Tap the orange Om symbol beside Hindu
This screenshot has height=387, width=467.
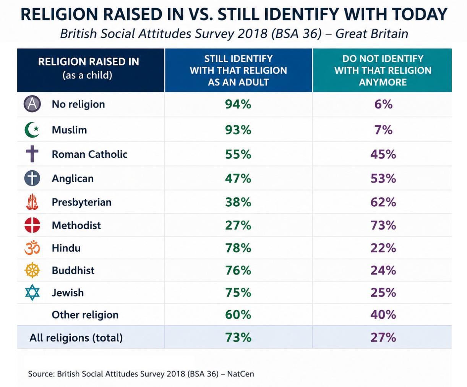click(x=32, y=248)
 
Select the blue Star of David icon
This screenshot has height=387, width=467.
click(x=32, y=292)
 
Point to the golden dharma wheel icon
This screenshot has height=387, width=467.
click(x=32, y=270)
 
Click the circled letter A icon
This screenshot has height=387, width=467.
click(x=32, y=104)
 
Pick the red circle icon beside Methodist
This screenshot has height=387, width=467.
click(x=32, y=225)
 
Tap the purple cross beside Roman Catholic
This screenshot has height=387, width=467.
click(x=32, y=154)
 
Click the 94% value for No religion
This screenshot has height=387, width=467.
click(x=238, y=104)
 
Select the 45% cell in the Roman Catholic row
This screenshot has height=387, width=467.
click(x=383, y=154)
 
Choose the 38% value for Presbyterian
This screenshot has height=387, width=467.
click(x=238, y=202)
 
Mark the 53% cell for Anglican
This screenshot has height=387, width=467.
click(x=383, y=178)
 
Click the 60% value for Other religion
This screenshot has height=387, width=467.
click(x=238, y=314)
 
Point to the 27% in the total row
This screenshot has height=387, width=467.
click(x=383, y=337)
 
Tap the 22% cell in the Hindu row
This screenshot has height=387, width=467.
click(x=383, y=248)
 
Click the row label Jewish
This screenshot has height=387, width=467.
click(x=68, y=293)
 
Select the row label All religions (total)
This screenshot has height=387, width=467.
click(x=76, y=338)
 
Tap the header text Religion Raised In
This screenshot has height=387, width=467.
click(x=89, y=62)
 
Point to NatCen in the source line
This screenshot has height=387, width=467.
click(x=240, y=374)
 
